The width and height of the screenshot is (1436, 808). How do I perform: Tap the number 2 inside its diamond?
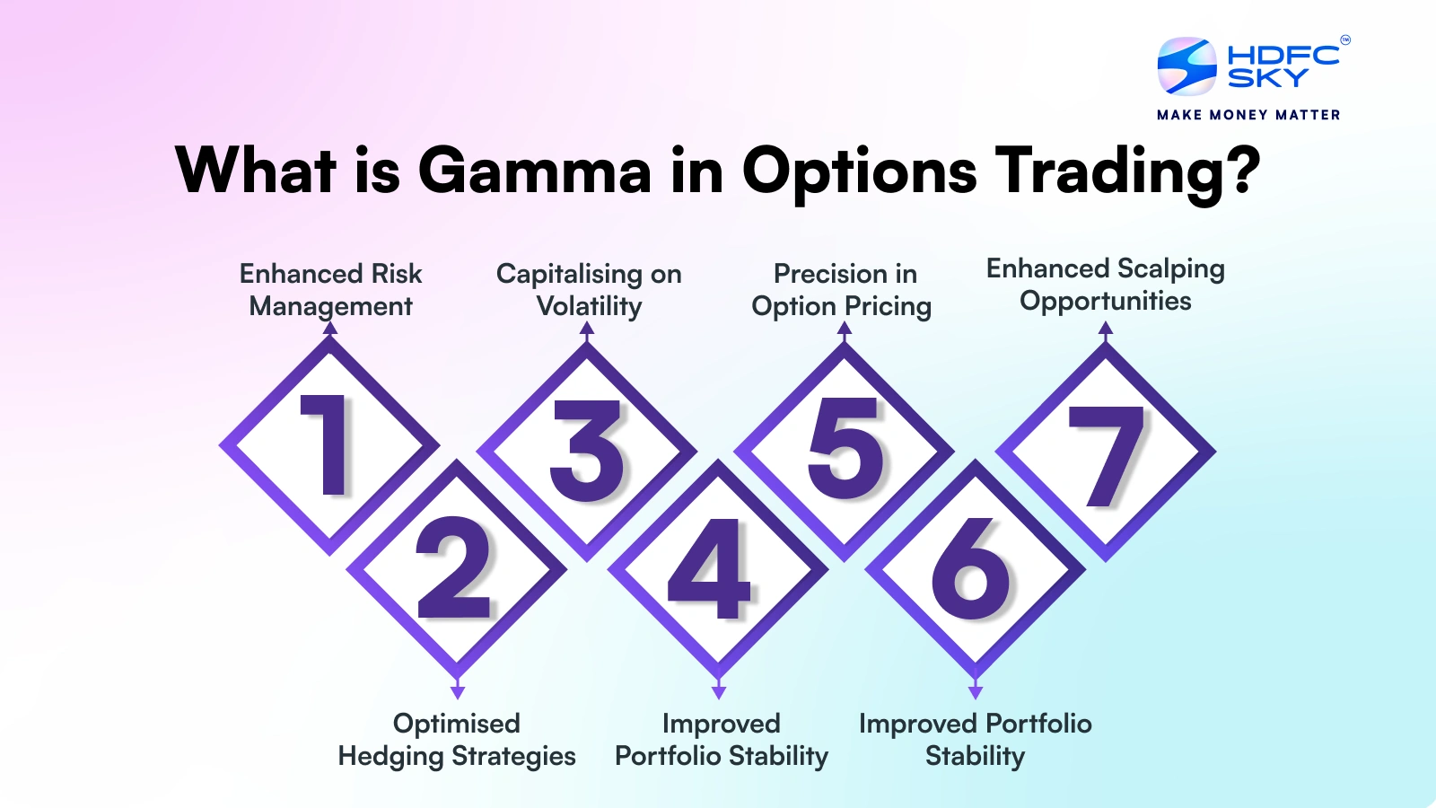(453, 566)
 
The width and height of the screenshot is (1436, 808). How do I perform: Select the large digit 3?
(587, 450)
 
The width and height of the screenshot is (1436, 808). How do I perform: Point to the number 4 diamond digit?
(709, 568)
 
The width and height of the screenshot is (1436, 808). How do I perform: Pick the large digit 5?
(845, 448)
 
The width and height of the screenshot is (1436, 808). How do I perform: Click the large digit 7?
(1106, 457)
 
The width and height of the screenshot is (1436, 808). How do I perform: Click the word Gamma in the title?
(535, 171)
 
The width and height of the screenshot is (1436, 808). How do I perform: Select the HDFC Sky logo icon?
(1186, 66)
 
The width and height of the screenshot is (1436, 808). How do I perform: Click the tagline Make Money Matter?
(1248, 115)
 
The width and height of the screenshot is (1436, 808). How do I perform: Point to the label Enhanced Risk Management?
(331, 290)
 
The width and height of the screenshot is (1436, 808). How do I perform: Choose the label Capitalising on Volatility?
(589, 290)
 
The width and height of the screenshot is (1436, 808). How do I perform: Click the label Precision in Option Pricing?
(842, 290)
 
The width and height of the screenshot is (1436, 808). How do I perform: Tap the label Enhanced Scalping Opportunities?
(1105, 285)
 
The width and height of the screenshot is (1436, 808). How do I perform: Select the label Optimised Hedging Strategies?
(457, 740)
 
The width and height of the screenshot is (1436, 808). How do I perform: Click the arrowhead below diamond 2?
(457, 691)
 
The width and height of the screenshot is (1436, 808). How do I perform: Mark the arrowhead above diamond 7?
(1105, 329)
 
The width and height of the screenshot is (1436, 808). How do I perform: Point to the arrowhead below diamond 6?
(975, 691)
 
